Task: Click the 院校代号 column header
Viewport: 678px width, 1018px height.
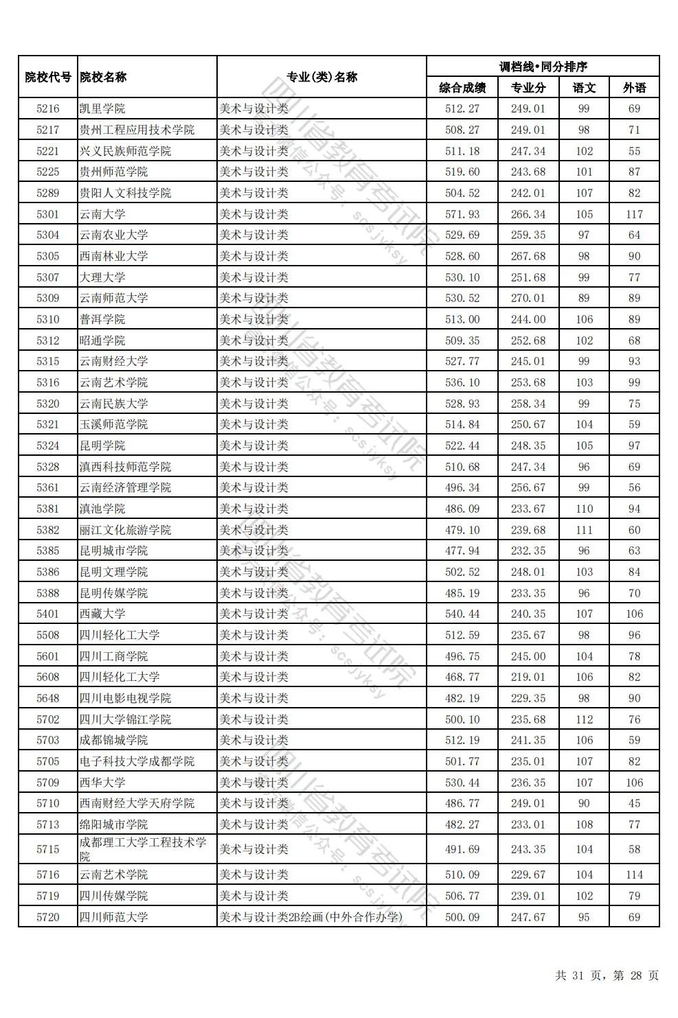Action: click(48, 77)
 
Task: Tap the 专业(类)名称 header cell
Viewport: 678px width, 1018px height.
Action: click(321, 77)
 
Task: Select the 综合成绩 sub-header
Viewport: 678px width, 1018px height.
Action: click(462, 88)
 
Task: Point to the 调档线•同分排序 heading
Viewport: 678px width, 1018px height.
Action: click(543, 67)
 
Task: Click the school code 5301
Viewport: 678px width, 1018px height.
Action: click(48, 214)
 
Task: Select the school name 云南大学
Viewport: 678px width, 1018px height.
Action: click(102, 214)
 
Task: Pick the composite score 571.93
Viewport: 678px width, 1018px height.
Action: click(462, 214)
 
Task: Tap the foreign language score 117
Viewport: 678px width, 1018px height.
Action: click(634, 214)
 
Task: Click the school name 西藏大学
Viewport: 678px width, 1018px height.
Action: click(102, 614)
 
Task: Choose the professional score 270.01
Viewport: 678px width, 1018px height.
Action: click(528, 298)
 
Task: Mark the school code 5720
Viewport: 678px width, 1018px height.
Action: click(48, 916)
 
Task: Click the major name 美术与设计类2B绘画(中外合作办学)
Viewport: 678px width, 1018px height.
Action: click(310, 916)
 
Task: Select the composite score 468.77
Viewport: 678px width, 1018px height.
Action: click(462, 677)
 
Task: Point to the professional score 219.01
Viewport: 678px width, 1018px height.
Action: click(528, 677)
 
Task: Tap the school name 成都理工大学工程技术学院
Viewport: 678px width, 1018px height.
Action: click(142, 849)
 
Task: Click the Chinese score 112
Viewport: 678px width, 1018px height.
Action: click(584, 719)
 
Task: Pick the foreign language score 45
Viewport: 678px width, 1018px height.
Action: click(634, 803)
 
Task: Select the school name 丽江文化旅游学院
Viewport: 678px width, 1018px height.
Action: click(125, 530)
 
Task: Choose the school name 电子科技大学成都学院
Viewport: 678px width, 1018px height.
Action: click(137, 761)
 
